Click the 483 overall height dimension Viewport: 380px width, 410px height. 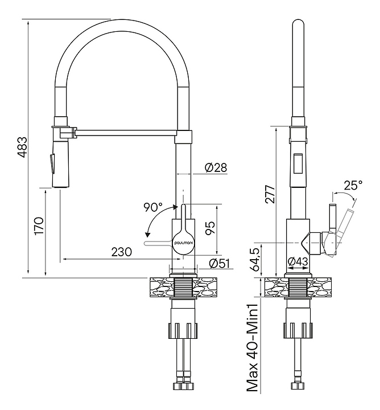[x=22, y=147]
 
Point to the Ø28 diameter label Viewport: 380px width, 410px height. [x=216, y=168]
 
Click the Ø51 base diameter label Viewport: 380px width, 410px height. [x=218, y=263]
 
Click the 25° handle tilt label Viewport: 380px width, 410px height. [x=353, y=185]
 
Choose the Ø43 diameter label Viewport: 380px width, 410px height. [x=298, y=261]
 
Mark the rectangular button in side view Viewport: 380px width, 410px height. [x=299, y=163]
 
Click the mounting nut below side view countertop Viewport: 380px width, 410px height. [x=299, y=330]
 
